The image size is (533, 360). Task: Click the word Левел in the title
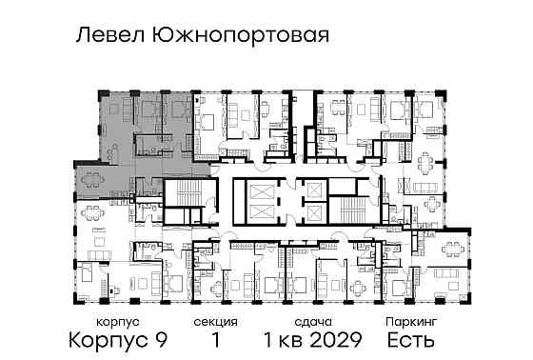point(103,36)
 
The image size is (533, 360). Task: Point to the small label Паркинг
point(411,323)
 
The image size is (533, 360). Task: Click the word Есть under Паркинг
point(411,340)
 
